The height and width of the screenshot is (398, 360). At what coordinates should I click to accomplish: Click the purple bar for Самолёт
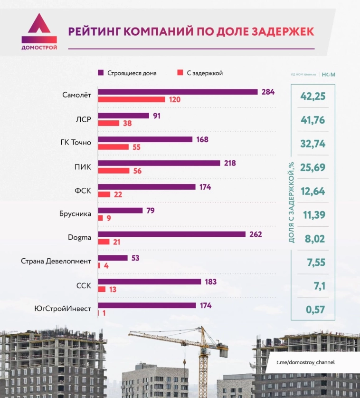178,92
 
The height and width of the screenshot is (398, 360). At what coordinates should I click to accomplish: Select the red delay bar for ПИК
114,171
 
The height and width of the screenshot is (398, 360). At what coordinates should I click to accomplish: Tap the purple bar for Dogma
171,234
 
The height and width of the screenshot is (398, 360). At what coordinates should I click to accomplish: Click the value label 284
268,92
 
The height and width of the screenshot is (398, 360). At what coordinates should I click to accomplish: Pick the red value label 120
174,99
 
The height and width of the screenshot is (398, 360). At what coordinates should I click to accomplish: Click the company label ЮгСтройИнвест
63,309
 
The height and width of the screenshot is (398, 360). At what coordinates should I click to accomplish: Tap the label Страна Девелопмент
56,262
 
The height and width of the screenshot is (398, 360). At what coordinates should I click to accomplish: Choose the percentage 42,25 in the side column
313,96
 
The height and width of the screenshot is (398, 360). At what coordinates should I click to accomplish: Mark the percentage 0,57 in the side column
313,310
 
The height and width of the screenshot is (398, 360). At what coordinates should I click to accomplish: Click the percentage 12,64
313,191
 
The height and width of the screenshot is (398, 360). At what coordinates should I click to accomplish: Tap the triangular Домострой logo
39,29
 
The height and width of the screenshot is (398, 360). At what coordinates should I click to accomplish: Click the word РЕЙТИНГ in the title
94,31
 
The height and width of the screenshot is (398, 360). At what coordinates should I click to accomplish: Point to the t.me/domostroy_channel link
306,362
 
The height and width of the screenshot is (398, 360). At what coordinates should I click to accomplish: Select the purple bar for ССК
150,282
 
